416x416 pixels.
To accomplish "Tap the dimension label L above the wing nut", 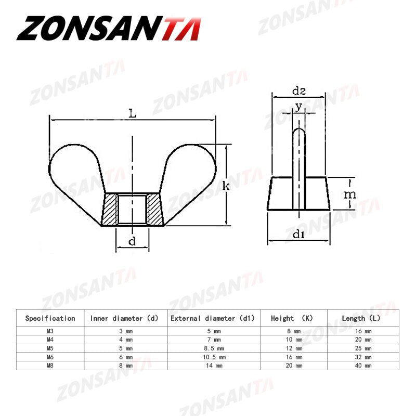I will point(133,113).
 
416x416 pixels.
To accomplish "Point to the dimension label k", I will point(226,186).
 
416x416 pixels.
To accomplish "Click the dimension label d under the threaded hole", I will point(132,241).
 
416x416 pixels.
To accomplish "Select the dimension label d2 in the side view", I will point(298,92).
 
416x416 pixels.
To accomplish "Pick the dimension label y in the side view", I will point(298,107).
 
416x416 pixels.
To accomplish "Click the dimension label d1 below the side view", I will point(298,235).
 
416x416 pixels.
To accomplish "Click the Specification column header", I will point(50,318).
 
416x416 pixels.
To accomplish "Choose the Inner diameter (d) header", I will point(125,318).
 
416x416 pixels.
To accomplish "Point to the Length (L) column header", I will point(361,318).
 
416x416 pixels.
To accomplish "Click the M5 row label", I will point(50,348).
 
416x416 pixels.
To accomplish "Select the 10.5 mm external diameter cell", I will point(213,357).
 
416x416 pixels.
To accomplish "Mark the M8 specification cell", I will point(50,366).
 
